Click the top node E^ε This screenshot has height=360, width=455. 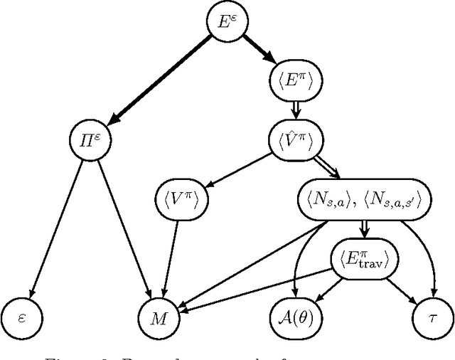225,21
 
